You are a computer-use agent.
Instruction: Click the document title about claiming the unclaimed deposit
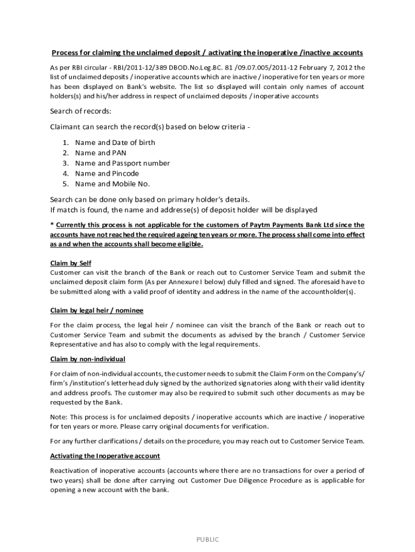[x=207, y=53]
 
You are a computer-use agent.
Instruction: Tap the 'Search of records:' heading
[x=81, y=112]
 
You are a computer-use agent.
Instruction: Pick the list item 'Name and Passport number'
[x=122, y=163]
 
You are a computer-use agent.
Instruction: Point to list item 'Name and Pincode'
[x=107, y=174]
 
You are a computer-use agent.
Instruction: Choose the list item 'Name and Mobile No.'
[x=112, y=184]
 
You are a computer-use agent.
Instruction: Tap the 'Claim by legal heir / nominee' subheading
[x=96, y=311]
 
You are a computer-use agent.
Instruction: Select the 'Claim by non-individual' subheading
[x=87, y=359]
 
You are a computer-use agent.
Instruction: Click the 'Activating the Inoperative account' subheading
[x=105, y=456]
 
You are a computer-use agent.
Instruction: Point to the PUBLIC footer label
[x=207, y=540]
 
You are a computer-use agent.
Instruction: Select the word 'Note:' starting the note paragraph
[x=59, y=417]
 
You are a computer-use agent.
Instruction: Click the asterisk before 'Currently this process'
[x=52, y=225]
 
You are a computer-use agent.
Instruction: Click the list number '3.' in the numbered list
[x=65, y=163]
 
